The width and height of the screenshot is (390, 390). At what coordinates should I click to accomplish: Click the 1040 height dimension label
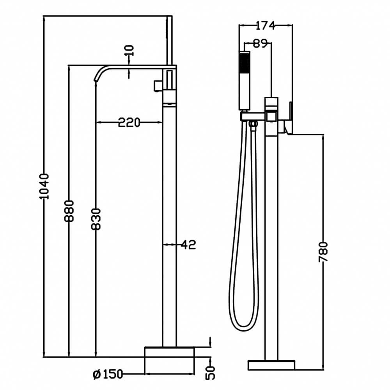(x=44, y=186)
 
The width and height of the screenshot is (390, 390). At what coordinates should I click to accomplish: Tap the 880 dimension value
(x=69, y=211)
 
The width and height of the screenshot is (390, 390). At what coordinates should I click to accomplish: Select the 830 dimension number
(x=96, y=219)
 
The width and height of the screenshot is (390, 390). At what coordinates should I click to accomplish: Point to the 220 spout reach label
(x=129, y=122)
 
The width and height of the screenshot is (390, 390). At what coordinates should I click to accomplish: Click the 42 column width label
(x=188, y=245)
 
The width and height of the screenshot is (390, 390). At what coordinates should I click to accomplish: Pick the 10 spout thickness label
(x=129, y=50)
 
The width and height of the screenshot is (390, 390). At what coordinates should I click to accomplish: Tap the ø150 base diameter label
(x=108, y=374)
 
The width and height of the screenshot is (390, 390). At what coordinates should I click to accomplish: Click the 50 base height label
(x=211, y=372)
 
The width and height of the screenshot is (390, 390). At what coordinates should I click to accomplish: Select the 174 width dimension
(x=265, y=25)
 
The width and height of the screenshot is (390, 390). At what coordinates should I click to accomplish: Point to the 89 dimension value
(x=260, y=44)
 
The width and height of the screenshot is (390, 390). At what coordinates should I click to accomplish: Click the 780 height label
(x=323, y=252)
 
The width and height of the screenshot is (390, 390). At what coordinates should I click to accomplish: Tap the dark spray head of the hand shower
(x=245, y=62)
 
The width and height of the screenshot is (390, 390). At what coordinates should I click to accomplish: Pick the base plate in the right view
(x=271, y=365)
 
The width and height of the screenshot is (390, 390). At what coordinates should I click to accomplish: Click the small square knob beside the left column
(x=157, y=85)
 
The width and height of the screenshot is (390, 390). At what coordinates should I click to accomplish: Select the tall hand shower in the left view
(x=169, y=41)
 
